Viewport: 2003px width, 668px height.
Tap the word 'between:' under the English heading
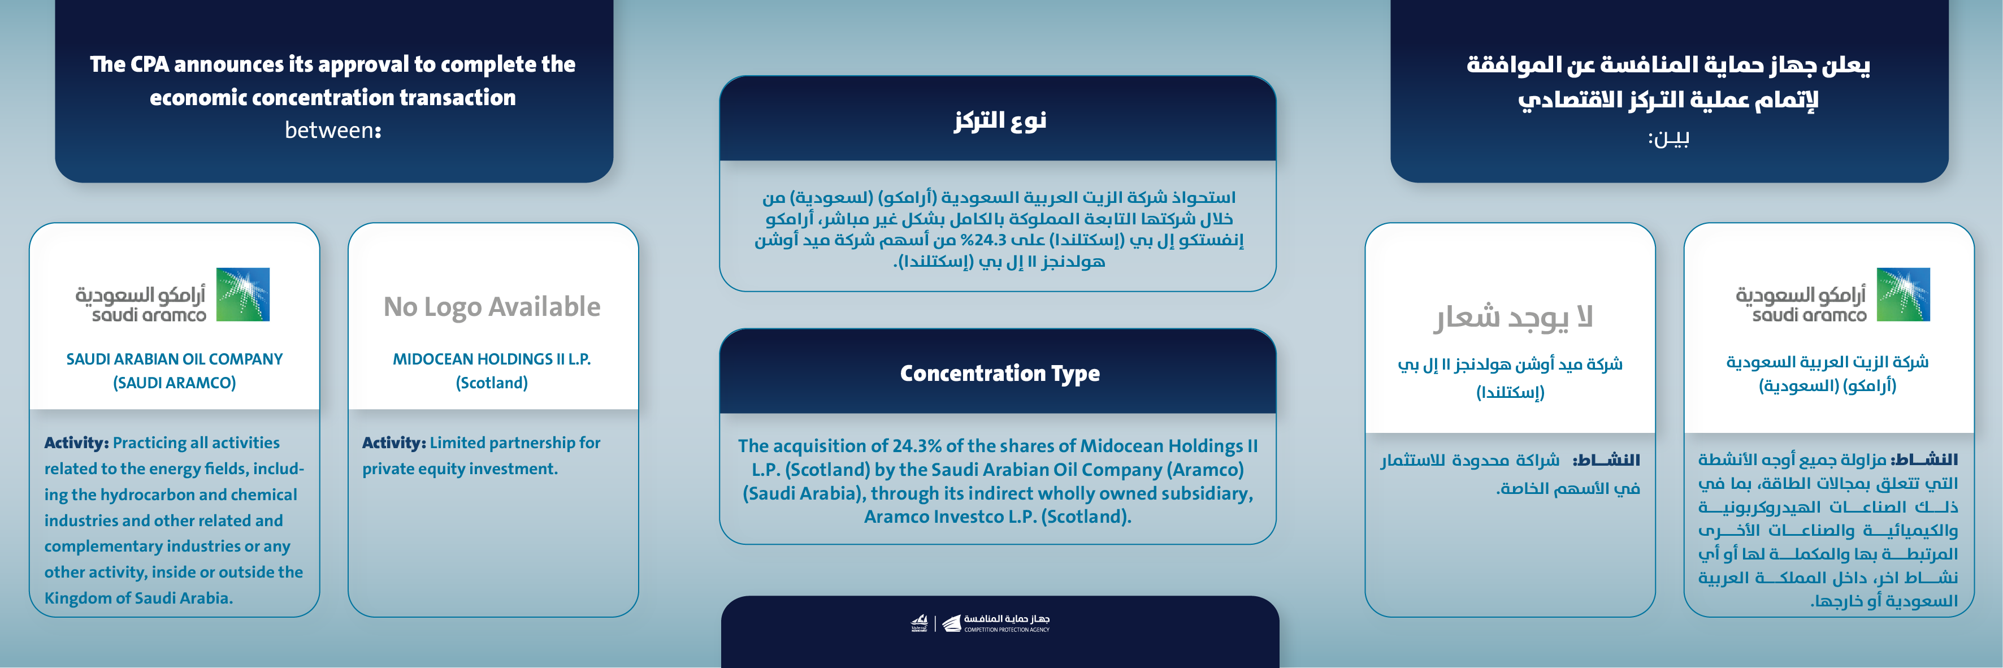(333, 130)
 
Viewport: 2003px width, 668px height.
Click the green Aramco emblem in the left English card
(242, 295)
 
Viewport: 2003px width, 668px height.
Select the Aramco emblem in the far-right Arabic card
(1903, 295)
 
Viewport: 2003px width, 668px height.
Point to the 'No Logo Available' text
(491, 307)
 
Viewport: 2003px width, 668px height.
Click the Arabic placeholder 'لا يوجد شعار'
(1513, 316)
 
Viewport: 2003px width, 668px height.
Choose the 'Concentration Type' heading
(999, 373)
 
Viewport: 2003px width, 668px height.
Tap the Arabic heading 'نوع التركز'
(1000, 120)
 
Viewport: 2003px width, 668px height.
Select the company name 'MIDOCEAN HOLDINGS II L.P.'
(491, 359)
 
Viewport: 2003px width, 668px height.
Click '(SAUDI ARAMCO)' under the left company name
(174, 383)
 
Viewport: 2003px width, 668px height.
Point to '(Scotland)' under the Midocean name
(491, 383)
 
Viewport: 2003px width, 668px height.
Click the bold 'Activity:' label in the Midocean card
(393, 443)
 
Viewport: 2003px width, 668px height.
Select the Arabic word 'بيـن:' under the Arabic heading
(1668, 138)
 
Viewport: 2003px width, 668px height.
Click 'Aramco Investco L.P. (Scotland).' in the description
(998, 517)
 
